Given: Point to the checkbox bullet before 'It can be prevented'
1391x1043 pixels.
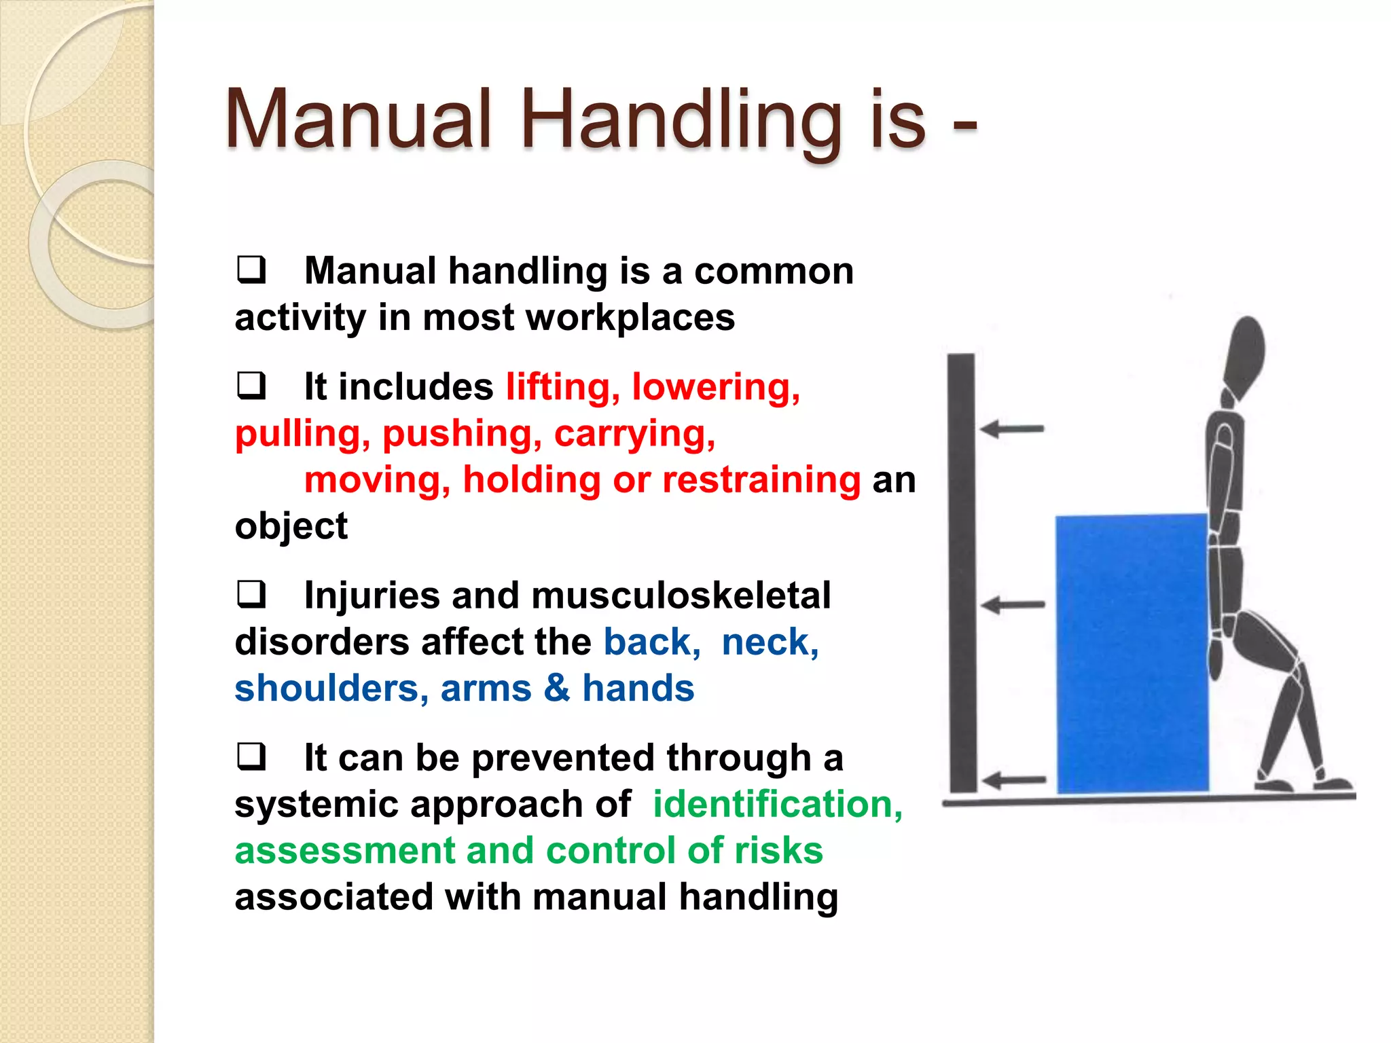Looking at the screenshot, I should point(251,756).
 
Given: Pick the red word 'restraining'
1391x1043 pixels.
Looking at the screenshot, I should point(761,480).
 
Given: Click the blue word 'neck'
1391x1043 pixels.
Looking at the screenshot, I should point(770,642).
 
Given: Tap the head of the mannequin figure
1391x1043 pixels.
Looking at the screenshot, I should point(1244,356).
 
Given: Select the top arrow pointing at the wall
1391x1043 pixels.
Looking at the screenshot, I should point(1011,429).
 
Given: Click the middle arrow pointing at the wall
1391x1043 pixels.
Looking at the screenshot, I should point(1013,604).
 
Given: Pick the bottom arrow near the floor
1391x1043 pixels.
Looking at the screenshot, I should point(1014,780).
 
